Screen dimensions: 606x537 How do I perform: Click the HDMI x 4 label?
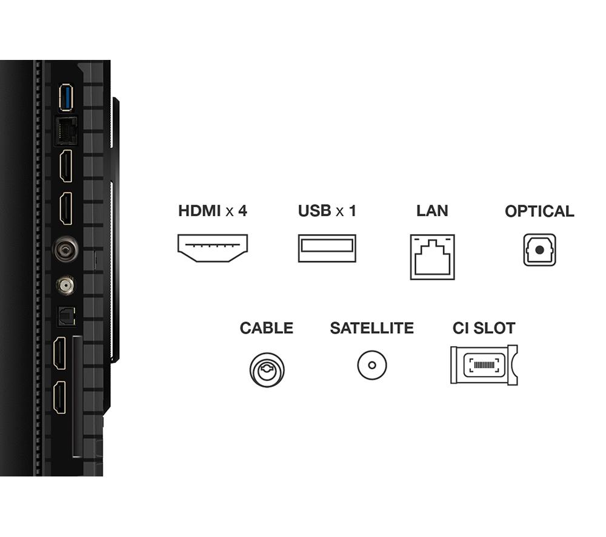point(212,211)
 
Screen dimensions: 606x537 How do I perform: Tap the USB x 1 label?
point(327,211)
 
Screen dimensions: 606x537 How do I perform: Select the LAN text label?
point(432,211)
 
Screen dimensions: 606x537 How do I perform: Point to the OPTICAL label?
point(539,211)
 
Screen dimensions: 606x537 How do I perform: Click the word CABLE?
point(266,328)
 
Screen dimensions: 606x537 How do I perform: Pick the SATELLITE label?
point(372,328)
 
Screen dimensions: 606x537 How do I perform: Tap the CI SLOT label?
point(484,328)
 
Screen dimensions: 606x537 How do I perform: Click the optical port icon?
point(539,250)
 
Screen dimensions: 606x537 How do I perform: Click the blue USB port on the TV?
point(66,98)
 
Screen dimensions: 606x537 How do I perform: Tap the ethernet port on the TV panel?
point(66,131)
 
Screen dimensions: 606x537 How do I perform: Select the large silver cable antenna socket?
point(65,249)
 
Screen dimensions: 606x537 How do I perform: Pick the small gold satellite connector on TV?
point(65,286)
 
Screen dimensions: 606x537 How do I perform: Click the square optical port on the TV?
point(67,316)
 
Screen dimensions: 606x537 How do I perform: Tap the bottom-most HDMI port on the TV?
point(59,398)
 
